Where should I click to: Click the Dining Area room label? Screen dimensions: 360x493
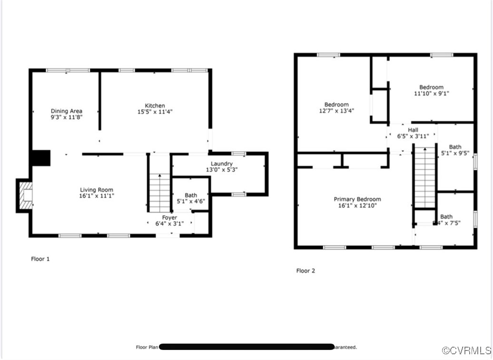pyautogui.click(x=67, y=111)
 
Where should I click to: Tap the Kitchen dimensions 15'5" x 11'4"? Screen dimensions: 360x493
pyautogui.click(x=155, y=112)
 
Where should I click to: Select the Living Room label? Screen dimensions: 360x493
pyautogui.click(x=97, y=190)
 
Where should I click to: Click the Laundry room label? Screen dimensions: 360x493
pyautogui.click(x=222, y=164)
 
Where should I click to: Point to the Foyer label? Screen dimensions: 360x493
pyautogui.click(x=169, y=218)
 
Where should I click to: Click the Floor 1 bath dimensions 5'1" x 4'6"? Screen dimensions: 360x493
pyautogui.click(x=191, y=201)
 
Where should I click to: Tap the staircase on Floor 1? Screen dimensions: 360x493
pyautogui.click(x=160, y=193)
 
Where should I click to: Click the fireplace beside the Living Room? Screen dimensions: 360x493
pyautogui.click(x=25, y=195)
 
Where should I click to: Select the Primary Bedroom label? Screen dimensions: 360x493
pyautogui.click(x=357, y=199)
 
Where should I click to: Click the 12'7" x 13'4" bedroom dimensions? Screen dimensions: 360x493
pyautogui.click(x=336, y=111)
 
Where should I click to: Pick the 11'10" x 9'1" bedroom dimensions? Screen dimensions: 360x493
pyautogui.click(x=431, y=94)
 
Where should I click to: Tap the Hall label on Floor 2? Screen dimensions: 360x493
pyautogui.click(x=413, y=130)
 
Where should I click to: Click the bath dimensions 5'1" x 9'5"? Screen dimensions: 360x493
pyautogui.click(x=455, y=154)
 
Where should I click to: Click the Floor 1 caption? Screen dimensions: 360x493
pyautogui.click(x=40, y=259)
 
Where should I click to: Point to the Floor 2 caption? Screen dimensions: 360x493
pyautogui.click(x=306, y=271)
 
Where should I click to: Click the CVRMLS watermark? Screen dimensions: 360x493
pyautogui.click(x=466, y=350)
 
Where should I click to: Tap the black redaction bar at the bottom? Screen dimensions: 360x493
pyautogui.click(x=246, y=347)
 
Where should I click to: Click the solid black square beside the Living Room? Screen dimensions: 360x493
pyautogui.click(x=40, y=158)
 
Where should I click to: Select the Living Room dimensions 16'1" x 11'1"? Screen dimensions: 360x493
pyautogui.click(x=97, y=196)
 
